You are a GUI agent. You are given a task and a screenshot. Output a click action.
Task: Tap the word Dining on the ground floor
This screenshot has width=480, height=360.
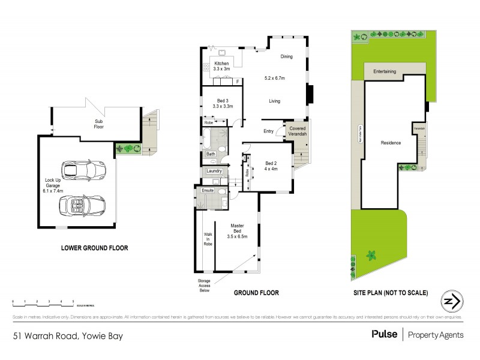(x=286, y=56)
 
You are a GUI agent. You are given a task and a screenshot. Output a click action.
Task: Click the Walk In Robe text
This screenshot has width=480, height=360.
(x=208, y=239)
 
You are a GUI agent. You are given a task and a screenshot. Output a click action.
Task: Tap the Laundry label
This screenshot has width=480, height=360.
(x=214, y=171)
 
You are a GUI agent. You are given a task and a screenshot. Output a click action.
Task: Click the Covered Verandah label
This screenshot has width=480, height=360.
(x=298, y=131)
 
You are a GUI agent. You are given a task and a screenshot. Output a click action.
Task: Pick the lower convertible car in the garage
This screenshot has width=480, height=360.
(x=81, y=205)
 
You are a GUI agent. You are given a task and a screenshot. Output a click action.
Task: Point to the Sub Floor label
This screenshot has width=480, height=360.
(x=98, y=124)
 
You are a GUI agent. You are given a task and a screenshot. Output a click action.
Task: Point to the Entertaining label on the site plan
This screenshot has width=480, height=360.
(x=385, y=72)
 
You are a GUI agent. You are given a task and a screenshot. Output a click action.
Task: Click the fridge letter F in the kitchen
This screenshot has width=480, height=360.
(x=238, y=81)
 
